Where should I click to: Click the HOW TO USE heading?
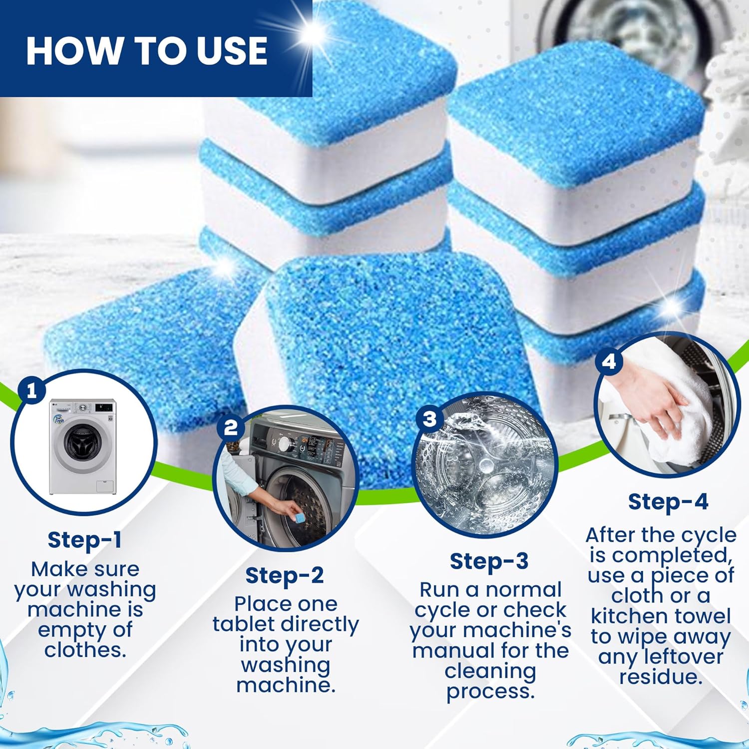[146, 51]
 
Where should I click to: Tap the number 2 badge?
[231, 428]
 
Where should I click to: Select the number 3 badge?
[429, 418]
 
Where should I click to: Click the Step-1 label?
[84, 540]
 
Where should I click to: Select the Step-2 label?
[285, 575]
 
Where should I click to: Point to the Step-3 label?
[489, 561]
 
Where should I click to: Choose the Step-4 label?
[668, 502]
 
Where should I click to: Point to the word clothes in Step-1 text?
[84, 650]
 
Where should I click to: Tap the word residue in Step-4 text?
[661, 677]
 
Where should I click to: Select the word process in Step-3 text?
[490, 692]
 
